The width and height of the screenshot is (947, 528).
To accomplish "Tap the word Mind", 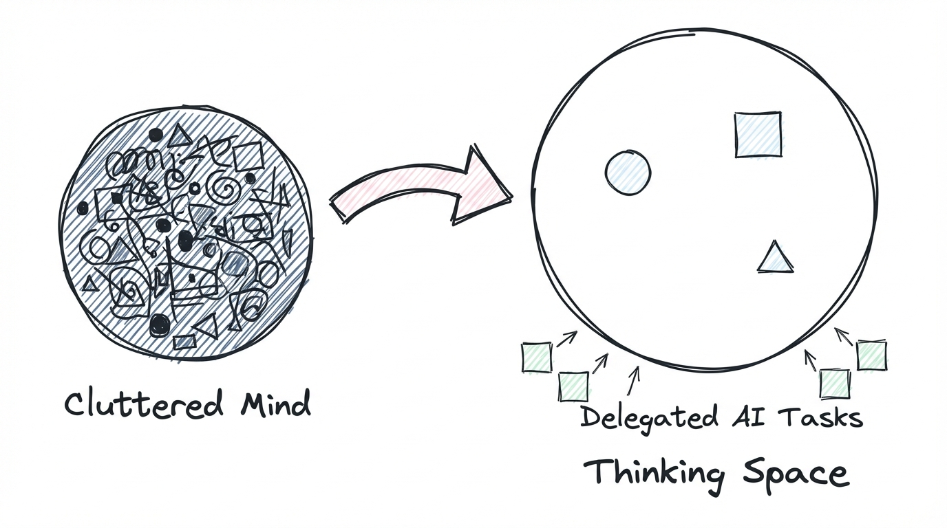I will click(x=275, y=404).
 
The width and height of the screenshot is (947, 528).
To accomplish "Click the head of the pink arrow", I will click(x=485, y=186).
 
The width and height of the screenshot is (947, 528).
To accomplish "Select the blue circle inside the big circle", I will click(x=628, y=173).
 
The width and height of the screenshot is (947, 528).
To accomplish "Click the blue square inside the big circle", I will click(x=758, y=135).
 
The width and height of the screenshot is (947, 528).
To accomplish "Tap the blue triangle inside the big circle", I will click(x=775, y=258).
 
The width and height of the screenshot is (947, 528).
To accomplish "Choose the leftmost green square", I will click(x=537, y=357).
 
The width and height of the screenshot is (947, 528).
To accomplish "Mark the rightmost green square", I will click(x=871, y=355).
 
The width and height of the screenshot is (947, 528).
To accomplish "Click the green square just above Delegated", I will click(x=573, y=386).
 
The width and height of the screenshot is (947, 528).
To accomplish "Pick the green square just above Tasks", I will click(x=835, y=384).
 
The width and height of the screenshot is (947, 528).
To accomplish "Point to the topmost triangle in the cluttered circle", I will click(x=180, y=136).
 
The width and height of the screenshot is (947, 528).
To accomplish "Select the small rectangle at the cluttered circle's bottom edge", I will click(x=184, y=341).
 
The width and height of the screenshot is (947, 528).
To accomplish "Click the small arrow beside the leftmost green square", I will click(x=566, y=338).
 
